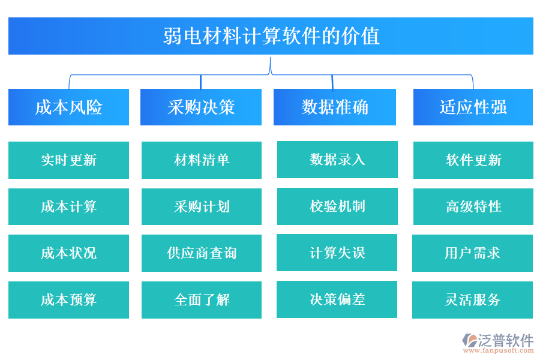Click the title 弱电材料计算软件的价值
[271, 36]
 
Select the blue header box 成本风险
[68, 107]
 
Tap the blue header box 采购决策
[201, 107]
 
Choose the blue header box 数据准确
[335, 107]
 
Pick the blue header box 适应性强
[473, 107]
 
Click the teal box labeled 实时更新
[68, 160]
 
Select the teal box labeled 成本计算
[68, 207]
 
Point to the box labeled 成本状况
[68, 253]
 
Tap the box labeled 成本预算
[68, 300]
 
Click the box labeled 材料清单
[202, 160]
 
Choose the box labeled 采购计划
[202, 207]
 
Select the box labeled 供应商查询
[202, 253]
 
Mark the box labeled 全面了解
[202, 300]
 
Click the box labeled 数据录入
[337, 160]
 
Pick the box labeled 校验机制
[337, 206]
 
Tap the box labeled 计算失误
[337, 253]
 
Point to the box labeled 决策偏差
[337, 299]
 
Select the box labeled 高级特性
[473, 206]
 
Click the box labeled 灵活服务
[472, 300]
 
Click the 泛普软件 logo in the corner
[497, 342]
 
